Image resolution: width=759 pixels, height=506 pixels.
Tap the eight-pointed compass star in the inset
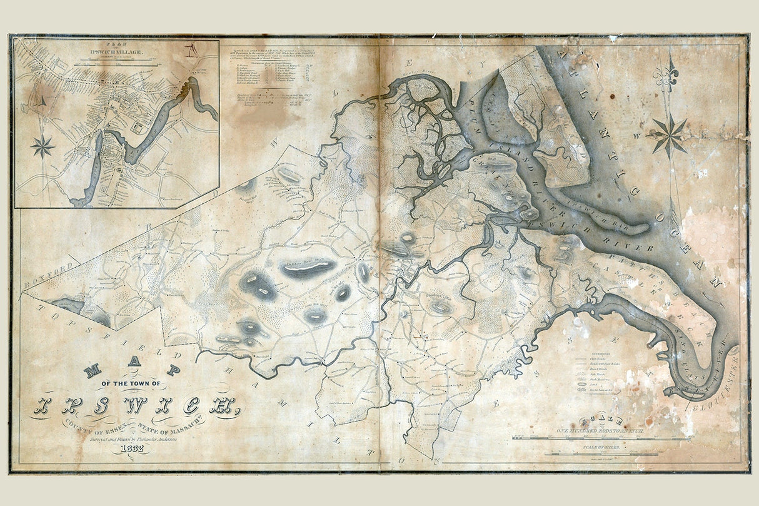pos(43,146)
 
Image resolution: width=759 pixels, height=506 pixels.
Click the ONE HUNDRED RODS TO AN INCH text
pos(601,432)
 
